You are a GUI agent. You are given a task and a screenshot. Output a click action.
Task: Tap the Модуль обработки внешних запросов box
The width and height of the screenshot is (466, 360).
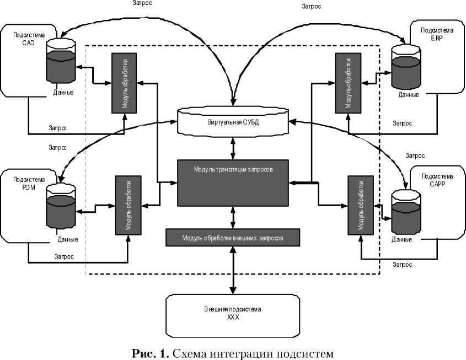pos(233,238)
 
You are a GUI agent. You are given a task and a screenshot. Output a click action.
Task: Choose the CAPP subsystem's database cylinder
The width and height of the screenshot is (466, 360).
pos(405,210)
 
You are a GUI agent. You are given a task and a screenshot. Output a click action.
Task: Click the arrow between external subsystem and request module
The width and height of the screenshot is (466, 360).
pos(233,270)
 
